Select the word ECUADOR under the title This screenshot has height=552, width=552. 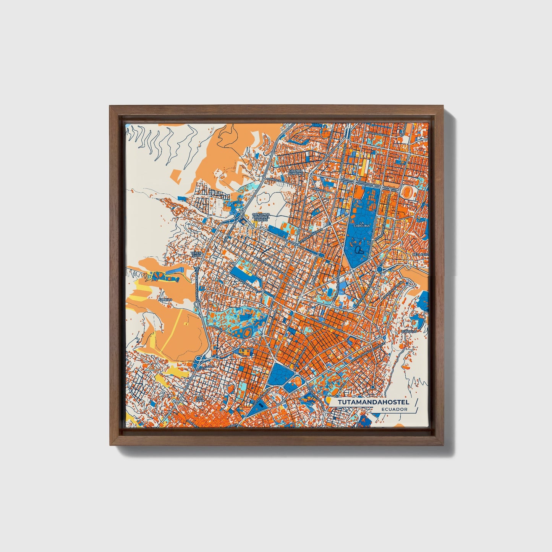394,409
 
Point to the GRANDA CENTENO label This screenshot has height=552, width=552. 296,172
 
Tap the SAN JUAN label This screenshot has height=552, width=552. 199,399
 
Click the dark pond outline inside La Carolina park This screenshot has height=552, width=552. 359,250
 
